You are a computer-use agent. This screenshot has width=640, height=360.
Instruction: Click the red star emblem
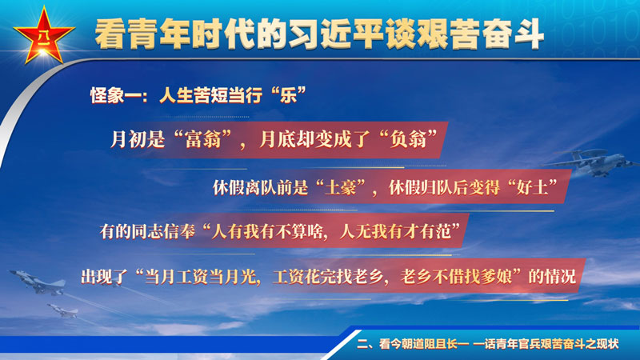(44, 37)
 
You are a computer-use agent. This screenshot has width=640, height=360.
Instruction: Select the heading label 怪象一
(114, 96)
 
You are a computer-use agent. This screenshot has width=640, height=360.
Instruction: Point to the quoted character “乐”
(288, 95)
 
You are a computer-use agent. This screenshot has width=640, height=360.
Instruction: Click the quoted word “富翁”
(202, 139)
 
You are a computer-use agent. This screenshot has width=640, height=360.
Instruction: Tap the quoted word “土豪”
(341, 187)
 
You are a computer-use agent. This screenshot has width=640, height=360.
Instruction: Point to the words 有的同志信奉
(147, 232)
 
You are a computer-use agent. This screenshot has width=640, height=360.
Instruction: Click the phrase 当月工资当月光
(201, 277)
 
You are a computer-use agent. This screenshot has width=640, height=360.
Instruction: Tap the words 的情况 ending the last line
(552, 277)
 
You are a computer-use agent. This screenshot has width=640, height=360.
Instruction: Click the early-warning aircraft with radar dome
(592, 162)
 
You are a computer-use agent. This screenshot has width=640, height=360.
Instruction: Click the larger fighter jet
(38, 282)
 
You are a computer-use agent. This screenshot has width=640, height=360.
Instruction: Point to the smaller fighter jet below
(62, 310)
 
